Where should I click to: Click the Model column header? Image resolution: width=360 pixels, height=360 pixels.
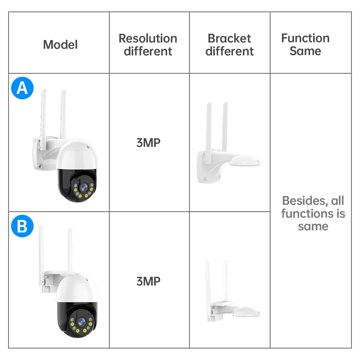60,45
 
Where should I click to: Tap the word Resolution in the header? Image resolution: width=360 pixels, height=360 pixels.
148,38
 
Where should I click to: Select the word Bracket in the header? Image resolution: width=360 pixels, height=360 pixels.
229,38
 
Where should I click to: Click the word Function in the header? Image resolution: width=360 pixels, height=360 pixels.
305,38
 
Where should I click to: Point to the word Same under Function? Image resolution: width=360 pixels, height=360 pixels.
305,51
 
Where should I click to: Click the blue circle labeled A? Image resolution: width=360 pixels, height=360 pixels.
22,88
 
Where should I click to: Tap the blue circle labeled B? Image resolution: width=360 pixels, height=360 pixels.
22,226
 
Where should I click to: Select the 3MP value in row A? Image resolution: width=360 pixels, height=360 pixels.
148,143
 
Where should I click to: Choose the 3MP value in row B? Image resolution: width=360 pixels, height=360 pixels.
148,281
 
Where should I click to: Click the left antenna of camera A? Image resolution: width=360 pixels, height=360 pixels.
43,114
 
